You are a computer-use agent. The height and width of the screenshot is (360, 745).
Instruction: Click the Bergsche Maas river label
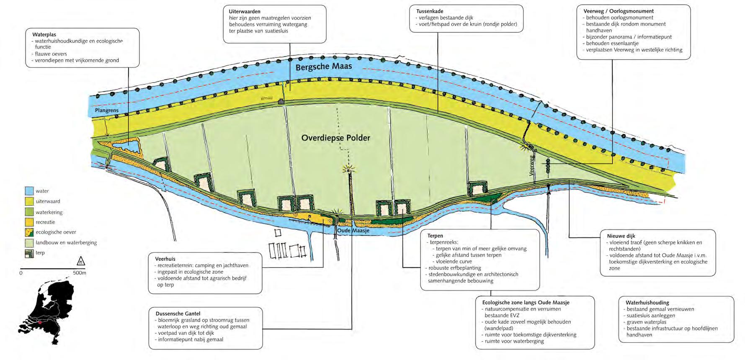pyautogui.click(x=324, y=67)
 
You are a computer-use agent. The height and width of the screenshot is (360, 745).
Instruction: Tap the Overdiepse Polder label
pyautogui.click(x=335, y=138)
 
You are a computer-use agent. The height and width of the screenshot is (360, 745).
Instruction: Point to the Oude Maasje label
pyautogui.click(x=353, y=231)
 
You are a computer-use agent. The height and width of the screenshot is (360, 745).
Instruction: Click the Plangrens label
pyautogui.click(x=106, y=111)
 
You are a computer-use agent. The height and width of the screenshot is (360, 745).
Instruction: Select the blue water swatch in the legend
pyautogui.click(x=29, y=191)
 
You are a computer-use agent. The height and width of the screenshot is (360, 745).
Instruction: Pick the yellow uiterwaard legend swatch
pyautogui.click(x=29, y=201)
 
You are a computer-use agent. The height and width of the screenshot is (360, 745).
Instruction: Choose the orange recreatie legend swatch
pyautogui.click(x=29, y=222)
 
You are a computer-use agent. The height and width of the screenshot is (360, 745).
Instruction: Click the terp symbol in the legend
pyautogui.click(x=29, y=253)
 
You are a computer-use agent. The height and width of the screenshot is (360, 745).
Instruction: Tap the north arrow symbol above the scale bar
pyautogui.click(x=80, y=262)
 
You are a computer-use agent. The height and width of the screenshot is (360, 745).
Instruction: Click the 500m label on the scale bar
pyautogui.click(x=80, y=273)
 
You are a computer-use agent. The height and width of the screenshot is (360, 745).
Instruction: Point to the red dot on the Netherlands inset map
pyautogui.click(x=40, y=323)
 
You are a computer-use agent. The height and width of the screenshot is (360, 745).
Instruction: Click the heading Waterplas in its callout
pyautogui.click(x=44, y=35)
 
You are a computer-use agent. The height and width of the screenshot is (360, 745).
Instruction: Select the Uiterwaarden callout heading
pyautogui.click(x=245, y=12)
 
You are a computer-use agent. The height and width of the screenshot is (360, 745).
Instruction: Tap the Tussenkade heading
pyautogui.click(x=430, y=11)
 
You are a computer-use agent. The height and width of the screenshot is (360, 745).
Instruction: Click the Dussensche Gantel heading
pyautogui.click(x=178, y=314)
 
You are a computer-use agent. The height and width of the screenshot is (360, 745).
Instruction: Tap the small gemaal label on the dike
pyautogui.click(x=266, y=98)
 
